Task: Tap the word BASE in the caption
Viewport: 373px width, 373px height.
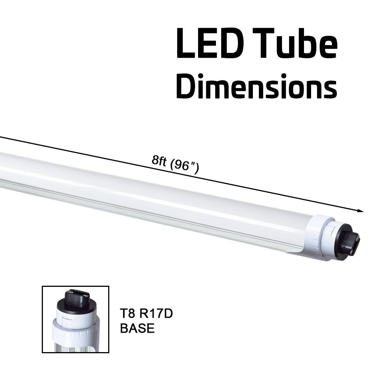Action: point(137,328)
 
